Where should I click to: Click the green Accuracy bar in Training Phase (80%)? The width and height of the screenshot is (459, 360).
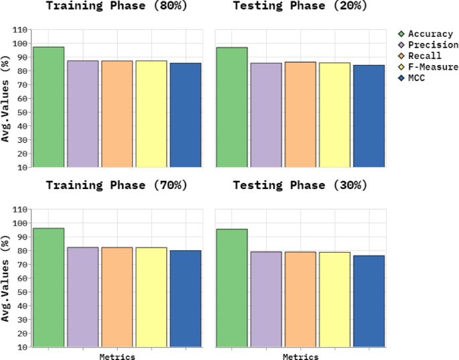click(x=49, y=107)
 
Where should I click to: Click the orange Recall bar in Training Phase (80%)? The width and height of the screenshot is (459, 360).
click(x=117, y=114)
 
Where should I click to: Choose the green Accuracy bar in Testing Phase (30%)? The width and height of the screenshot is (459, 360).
click(x=232, y=288)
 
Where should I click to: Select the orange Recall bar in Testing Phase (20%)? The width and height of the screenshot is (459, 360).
click(x=300, y=115)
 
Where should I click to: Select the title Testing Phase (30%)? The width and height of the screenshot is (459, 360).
click(x=300, y=185)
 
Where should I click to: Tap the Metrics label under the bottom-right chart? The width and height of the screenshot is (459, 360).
click(x=300, y=357)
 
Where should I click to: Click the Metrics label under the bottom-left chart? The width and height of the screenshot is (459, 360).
click(x=117, y=357)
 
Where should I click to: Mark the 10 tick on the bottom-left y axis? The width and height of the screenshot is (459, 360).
click(x=23, y=347)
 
